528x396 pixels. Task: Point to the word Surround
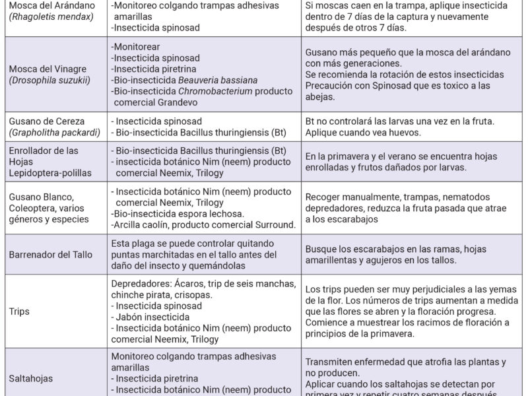[x=272, y=225]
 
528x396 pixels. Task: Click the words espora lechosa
[x=205, y=213]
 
